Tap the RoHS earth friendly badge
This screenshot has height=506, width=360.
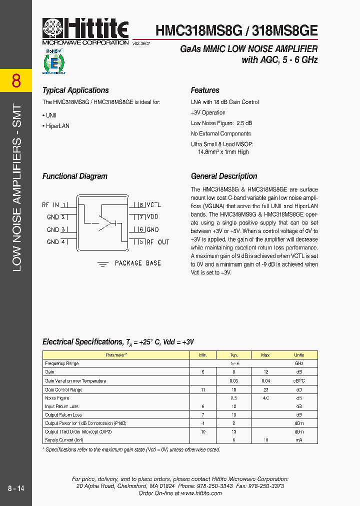[x=54, y=62]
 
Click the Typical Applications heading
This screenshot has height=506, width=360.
[x=75, y=90]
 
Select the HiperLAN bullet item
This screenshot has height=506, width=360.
[x=56, y=126]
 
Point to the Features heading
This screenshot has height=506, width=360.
[x=205, y=90]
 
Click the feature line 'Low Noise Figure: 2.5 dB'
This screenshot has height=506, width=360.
[x=221, y=123]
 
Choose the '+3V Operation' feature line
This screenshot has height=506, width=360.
[x=208, y=112]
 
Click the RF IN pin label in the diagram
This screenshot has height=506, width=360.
[x=50, y=205]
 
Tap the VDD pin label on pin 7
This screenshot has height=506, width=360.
[x=152, y=217]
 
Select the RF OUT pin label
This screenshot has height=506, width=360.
[x=157, y=242]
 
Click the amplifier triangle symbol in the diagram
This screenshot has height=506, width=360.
[x=106, y=222]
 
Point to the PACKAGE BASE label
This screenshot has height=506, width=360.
[x=137, y=263]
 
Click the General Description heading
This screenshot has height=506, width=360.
[x=224, y=176]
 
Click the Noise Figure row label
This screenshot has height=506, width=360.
[x=57, y=398]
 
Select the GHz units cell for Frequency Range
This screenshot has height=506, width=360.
[x=299, y=363]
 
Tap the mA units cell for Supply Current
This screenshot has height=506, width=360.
[x=299, y=440]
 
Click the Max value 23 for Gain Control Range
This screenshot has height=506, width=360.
[x=265, y=389]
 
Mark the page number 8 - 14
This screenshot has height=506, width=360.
[x=16, y=488]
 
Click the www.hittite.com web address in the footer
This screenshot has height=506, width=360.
[x=201, y=493]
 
